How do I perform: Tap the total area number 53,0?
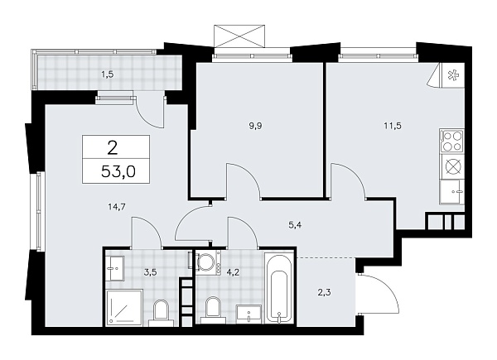116,172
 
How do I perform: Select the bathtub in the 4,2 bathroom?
279,290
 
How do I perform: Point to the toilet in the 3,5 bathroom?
162,311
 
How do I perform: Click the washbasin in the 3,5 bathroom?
114,267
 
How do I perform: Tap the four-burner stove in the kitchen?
452,142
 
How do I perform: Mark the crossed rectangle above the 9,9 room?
241,36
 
